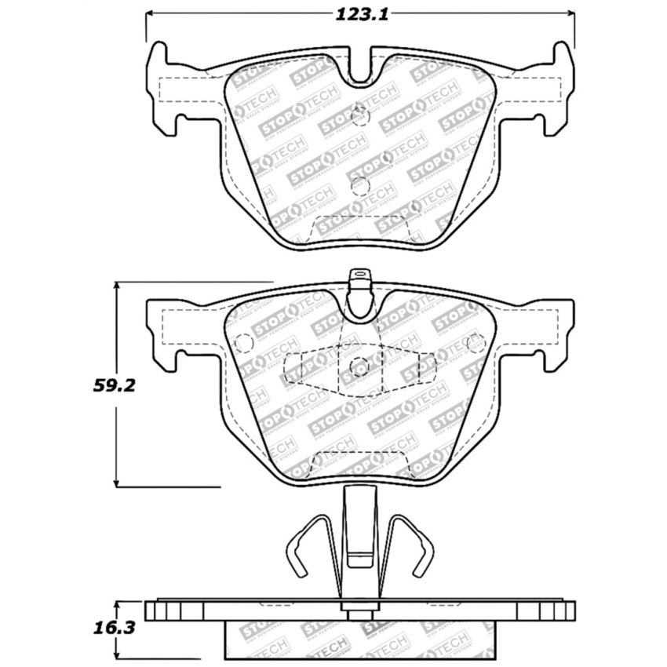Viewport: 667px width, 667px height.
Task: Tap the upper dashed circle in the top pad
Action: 360,115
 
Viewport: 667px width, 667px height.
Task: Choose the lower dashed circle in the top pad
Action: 360,186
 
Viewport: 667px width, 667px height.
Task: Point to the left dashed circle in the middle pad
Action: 244,343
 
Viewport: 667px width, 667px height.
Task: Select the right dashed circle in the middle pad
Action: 475,342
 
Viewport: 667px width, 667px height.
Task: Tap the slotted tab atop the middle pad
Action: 360,276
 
